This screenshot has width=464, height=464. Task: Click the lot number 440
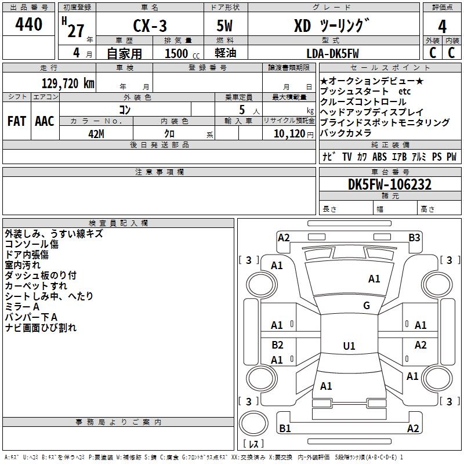click(28, 24)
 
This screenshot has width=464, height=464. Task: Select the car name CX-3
click(150, 26)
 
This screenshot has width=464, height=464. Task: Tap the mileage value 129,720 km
click(68, 84)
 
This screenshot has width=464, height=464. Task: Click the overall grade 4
click(442, 27)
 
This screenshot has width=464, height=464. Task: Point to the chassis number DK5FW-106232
click(390, 184)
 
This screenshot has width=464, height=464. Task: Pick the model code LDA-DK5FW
click(332, 53)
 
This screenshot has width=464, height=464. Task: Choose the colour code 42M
click(96, 134)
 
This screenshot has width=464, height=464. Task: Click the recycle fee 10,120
click(289, 134)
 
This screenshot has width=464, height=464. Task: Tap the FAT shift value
click(17, 121)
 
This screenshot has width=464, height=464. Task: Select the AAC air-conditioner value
click(45, 121)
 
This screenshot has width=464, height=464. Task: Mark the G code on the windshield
click(367, 306)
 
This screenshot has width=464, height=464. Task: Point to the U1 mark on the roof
click(349, 346)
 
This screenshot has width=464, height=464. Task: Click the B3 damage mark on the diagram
click(414, 238)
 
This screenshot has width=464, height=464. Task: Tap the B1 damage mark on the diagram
click(285, 428)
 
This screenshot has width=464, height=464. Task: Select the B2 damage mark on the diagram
click(277, 345)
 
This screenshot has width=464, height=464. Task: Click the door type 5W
click(224, 26)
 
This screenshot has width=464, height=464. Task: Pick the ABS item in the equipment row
click(379, 157)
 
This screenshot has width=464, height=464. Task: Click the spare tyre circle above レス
click(253, 423)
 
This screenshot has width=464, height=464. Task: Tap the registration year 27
click(76, 31)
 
